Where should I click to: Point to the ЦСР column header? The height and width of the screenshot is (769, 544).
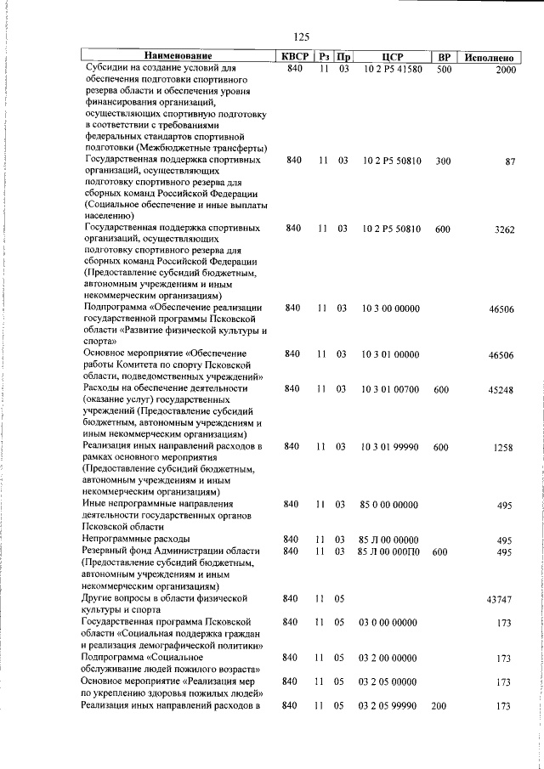click(392, 57)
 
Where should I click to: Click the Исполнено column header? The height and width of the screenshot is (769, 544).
click(487, 58)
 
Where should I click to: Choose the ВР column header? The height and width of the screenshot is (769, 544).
click(443, 57)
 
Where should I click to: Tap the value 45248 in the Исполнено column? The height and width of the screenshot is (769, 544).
click(501, 391)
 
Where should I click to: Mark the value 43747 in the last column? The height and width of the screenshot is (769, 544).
click(499, 600)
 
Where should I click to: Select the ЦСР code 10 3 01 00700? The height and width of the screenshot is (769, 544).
click(389, 389)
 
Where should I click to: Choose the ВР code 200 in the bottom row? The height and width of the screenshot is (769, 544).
click(439, 704)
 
